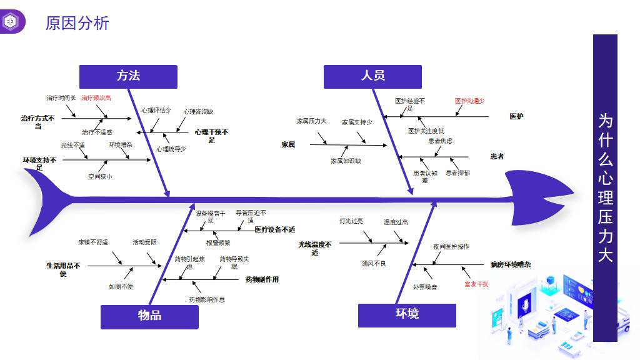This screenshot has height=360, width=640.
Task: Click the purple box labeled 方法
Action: (x=128, y=76)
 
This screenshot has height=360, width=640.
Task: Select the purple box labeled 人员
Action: (x=372, y=76)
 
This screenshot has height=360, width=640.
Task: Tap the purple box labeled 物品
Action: (x=149, y=316)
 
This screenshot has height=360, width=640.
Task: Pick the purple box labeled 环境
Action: (x=407, y=314)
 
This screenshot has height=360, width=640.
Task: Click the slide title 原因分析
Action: (x=77, y=23)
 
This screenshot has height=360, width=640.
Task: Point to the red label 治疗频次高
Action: (x=96, y=97)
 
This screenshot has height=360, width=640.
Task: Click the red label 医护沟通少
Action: (x=469, y=101)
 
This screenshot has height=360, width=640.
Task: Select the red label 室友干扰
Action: (x=476, y=284)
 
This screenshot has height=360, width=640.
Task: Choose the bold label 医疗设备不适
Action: (x=275, y=229)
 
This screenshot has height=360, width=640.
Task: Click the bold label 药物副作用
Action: (x=262, y=279)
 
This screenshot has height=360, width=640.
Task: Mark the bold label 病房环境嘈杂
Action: (x=511, y=265)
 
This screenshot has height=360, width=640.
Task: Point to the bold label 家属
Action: (x=288, y=144)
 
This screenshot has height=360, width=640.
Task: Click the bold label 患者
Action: (x=497, y=156)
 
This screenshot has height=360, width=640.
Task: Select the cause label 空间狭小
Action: (x=100, y=177)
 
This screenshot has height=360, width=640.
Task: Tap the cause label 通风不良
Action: (x=374, y=264)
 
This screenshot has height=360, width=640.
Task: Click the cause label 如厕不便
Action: (x=121, y=287)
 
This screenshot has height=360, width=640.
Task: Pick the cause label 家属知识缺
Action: (x=346, y=161)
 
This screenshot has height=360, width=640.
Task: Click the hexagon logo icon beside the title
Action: (x=11, y=22)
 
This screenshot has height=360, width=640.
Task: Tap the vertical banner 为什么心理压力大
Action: (x=605, y=187)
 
